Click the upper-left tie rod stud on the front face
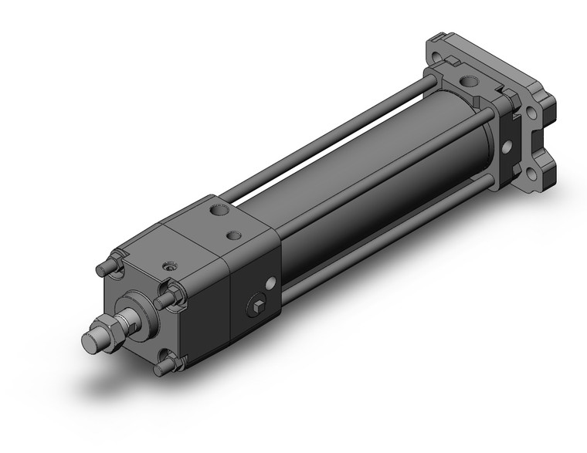point(103,269)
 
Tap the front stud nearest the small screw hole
point(165,299)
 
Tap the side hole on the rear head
point(507,147)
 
